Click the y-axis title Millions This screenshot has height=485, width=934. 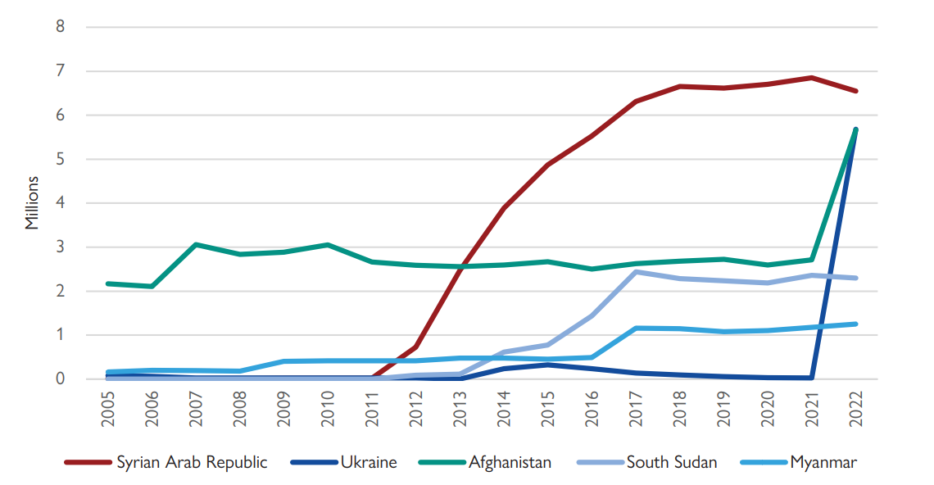coord(32,202)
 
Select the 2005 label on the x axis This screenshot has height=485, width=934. coord(108,408)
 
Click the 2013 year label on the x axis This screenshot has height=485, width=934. coord(460,408)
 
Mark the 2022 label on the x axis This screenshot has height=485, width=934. coord(855,408)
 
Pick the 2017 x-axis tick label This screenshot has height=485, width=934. coord(636,408)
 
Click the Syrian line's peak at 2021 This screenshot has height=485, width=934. coord(811,78)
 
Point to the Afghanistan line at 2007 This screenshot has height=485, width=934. coord(196,244)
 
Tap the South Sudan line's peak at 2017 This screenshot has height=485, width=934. coord(636,272)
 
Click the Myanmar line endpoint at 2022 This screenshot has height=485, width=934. coord(855,324)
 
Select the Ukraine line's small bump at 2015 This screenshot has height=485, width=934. coord(547,365)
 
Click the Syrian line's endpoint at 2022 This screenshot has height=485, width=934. coord(855,91)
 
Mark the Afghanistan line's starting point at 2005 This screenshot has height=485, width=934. coord(108,283)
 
